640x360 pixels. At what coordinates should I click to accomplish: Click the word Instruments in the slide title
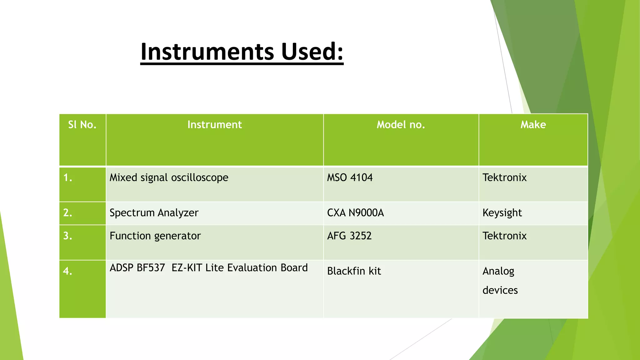208,52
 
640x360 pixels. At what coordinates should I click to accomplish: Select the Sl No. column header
82,125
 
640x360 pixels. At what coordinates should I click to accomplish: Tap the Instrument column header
214,125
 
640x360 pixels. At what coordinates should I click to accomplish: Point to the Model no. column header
401,125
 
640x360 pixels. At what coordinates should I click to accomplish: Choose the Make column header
533,125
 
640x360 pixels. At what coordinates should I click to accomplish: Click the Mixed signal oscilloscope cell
169,177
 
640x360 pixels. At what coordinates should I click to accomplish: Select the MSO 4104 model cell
350,177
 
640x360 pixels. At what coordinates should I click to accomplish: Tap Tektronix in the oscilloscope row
504,177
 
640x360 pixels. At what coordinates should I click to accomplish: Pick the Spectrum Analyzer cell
154,213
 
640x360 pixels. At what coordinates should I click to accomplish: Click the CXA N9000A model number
355,213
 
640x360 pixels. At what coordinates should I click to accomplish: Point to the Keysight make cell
502,213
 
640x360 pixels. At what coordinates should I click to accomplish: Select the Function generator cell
155,236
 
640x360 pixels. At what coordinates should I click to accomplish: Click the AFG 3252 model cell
349,236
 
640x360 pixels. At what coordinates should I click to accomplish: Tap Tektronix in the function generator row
504,236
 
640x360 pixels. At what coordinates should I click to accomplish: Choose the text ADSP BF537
137,268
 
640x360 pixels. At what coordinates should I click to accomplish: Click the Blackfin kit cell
354,271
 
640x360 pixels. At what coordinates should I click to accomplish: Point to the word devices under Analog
500,290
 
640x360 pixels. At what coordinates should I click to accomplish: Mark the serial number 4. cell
68,271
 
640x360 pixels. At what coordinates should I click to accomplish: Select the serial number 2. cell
68,213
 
